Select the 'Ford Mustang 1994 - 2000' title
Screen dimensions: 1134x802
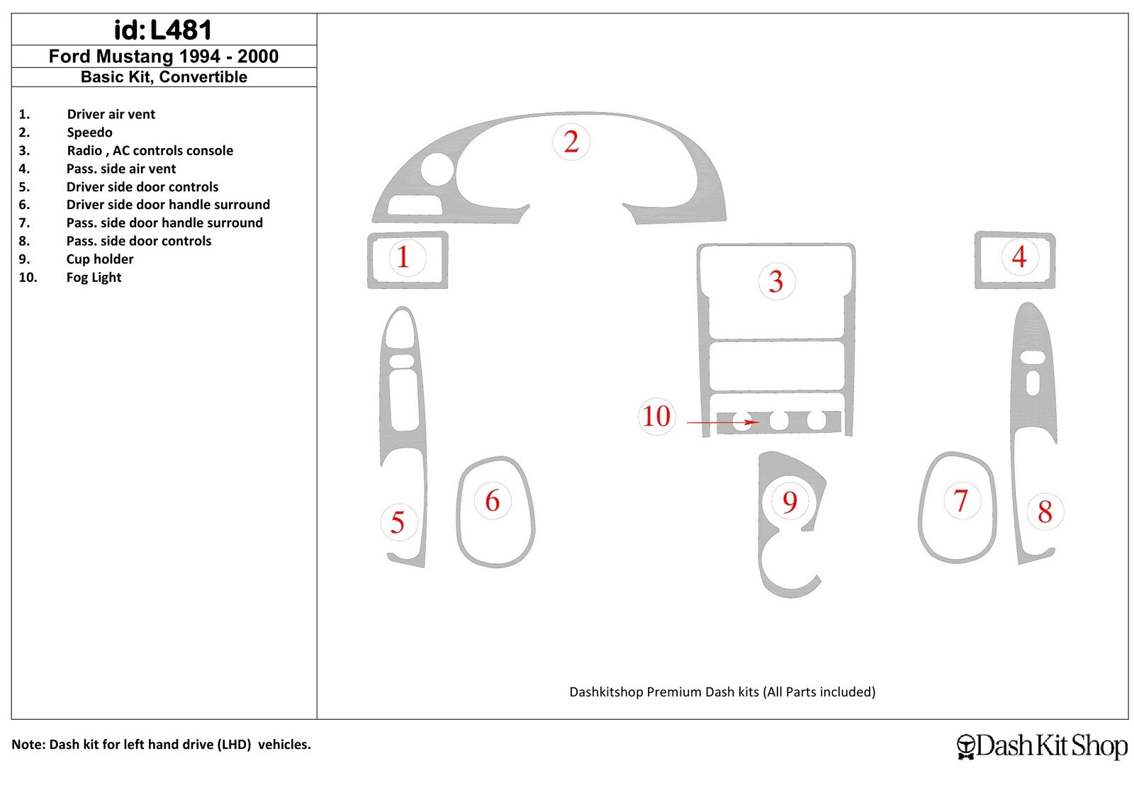[164, 56]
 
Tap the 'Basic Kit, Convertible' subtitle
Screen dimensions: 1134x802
[164, 77]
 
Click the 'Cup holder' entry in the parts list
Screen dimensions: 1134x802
[100, 259]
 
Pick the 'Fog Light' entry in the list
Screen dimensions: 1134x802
[94, 277]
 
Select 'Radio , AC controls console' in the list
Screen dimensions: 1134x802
[150, 150]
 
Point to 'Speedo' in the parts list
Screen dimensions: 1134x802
[89, 132]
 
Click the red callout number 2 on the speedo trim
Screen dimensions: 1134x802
[571, 142]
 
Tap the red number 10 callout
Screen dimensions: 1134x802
[656, 416]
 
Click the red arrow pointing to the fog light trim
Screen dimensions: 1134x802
[723, 422]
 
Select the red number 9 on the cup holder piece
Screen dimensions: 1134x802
[790, 502]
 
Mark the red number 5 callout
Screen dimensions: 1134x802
[398, 522]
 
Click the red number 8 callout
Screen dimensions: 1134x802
[1045, 512]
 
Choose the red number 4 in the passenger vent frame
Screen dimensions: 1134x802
[1019, 256]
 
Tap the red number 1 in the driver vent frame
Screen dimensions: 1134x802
[403, 257]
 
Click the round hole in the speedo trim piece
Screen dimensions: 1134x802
[437, 169]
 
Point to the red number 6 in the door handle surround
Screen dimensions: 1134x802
[492, 501]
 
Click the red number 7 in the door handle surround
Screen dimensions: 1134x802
[960, 500]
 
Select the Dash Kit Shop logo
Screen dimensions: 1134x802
[1042, 746]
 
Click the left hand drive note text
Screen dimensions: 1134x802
[161, 745]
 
